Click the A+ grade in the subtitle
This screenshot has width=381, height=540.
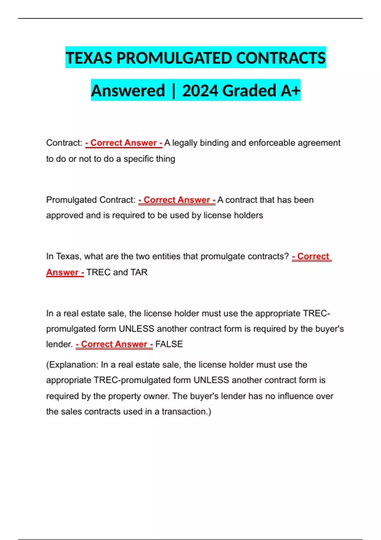[x=290, y=91]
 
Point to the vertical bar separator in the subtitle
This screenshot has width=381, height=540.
[x=173, y=91]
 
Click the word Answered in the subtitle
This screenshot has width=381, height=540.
[x=128, y=91]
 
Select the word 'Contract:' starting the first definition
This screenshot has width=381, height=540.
[x=64, y=143]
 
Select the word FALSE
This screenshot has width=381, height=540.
[x=169, y=344]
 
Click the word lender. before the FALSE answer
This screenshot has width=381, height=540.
[x=59, y=344]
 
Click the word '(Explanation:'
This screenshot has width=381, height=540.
[x=72, y=365]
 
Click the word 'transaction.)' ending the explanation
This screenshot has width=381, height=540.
[x=186, y=412]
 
